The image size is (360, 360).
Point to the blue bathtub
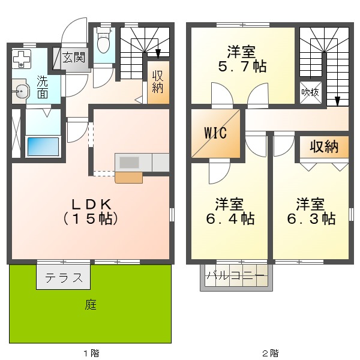pyautogui.click(x=42, y=146)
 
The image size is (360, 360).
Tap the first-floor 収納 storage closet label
pyautogui.click(x=158, y=82)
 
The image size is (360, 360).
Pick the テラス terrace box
pyautogui.click(x=63, y=278)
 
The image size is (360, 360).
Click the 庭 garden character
pyautogui.click(x=90, y=304)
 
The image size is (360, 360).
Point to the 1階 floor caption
pyautogui.click(x=90, y=353)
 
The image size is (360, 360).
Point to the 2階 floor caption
pyautogui.click(x=269, y=353)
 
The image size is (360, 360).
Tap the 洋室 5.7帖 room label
pyautogui.click(x=242, y=59)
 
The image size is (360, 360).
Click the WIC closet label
pyautogui.click(x=215, y=133)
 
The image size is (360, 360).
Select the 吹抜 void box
pyautogui.click(x=311, y=93)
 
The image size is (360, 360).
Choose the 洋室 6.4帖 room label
pyautogui.click(x=229, y=211)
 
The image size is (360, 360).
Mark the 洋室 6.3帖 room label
pyautogui.click(x=310, y=211)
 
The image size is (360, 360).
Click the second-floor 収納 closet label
pyautogui.click(x=324, y=146)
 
